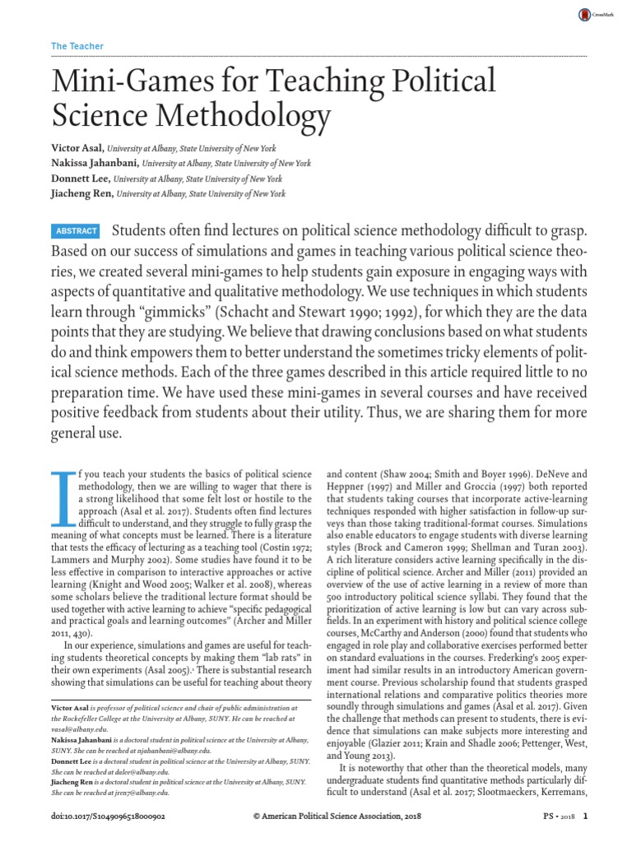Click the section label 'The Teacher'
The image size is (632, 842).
pyautogui.click(x=77, y=47)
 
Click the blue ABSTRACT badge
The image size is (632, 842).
pyautogui.click(x=76, y=232)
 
